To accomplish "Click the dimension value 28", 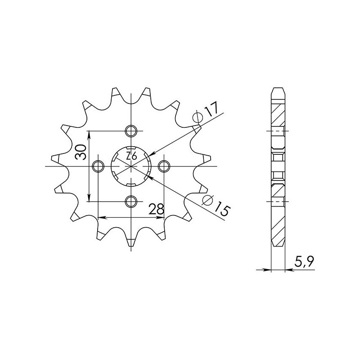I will (x=156, y=209).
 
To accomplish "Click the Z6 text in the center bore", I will (x=131, y=157).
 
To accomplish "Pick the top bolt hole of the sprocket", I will (x=131, y=131).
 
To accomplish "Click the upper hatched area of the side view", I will (x=278, y=112).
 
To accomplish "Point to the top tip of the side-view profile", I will (x=278, y=86).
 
